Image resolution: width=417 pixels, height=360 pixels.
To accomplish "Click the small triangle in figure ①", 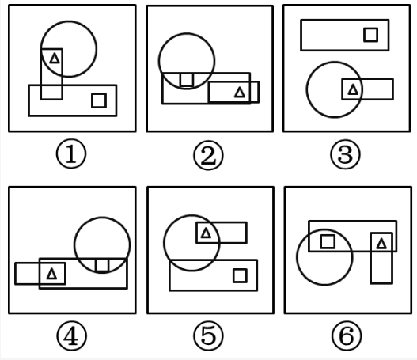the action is click(55, 59).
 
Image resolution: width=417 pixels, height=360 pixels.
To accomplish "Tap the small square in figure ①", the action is click(99, 100).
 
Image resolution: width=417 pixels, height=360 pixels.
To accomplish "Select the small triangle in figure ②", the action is click(240, 93).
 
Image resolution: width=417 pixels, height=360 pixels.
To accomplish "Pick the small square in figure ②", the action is click(187, 80).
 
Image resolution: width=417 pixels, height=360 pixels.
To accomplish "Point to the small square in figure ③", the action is click(371, 35).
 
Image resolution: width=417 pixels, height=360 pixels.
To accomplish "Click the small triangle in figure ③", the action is click(353, 89).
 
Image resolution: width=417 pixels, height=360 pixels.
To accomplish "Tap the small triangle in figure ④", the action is click(51, 274).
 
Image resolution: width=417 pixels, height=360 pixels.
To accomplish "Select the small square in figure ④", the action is click(102, 265).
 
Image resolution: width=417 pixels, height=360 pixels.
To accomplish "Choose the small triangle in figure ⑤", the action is click(206, 233).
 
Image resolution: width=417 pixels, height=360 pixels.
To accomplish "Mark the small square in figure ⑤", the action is click(240, 275).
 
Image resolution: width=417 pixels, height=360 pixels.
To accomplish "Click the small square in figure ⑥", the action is click(328, 241).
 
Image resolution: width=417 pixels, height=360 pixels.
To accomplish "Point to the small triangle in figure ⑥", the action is click(381, 244).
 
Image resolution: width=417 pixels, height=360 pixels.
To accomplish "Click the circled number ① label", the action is click(71, 153).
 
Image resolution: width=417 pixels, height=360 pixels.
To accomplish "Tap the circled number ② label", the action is click(208, 155).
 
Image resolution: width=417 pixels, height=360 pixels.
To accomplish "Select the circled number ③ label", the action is click(346, 154).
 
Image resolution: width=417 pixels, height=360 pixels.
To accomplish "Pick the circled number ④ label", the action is click(71, 335).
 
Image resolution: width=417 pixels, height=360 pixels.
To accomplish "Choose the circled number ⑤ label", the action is click(208, 335).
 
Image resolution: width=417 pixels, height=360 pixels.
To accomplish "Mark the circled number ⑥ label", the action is click(347, 335).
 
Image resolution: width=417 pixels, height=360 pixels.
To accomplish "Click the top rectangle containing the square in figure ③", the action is click(345, 21).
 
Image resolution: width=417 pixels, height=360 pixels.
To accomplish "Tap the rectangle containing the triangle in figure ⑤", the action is click(222, 222).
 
